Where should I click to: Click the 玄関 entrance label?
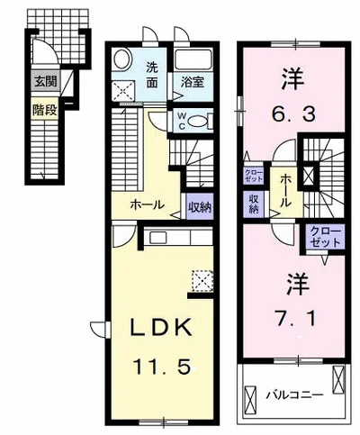pos(46,81)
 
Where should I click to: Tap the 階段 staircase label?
pos(45,110)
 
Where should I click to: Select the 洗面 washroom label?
pos(152,75)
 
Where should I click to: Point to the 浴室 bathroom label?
pos(193,83)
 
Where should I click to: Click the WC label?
pos(182,121)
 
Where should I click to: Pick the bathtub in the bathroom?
pos(193,60)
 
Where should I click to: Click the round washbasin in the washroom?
pos(122,59)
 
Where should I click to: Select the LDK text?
pos(160,327)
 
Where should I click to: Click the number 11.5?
pos(162,367)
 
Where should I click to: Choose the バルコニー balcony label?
pos(295,394)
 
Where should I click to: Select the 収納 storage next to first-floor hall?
pos(200,206)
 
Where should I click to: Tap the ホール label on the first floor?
pos(148,205)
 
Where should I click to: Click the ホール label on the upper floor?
pos(285,191)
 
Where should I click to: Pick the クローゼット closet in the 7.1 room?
pos(325,237)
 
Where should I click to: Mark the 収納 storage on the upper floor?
pos(254,204)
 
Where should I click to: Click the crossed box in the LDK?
pos(202,281)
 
